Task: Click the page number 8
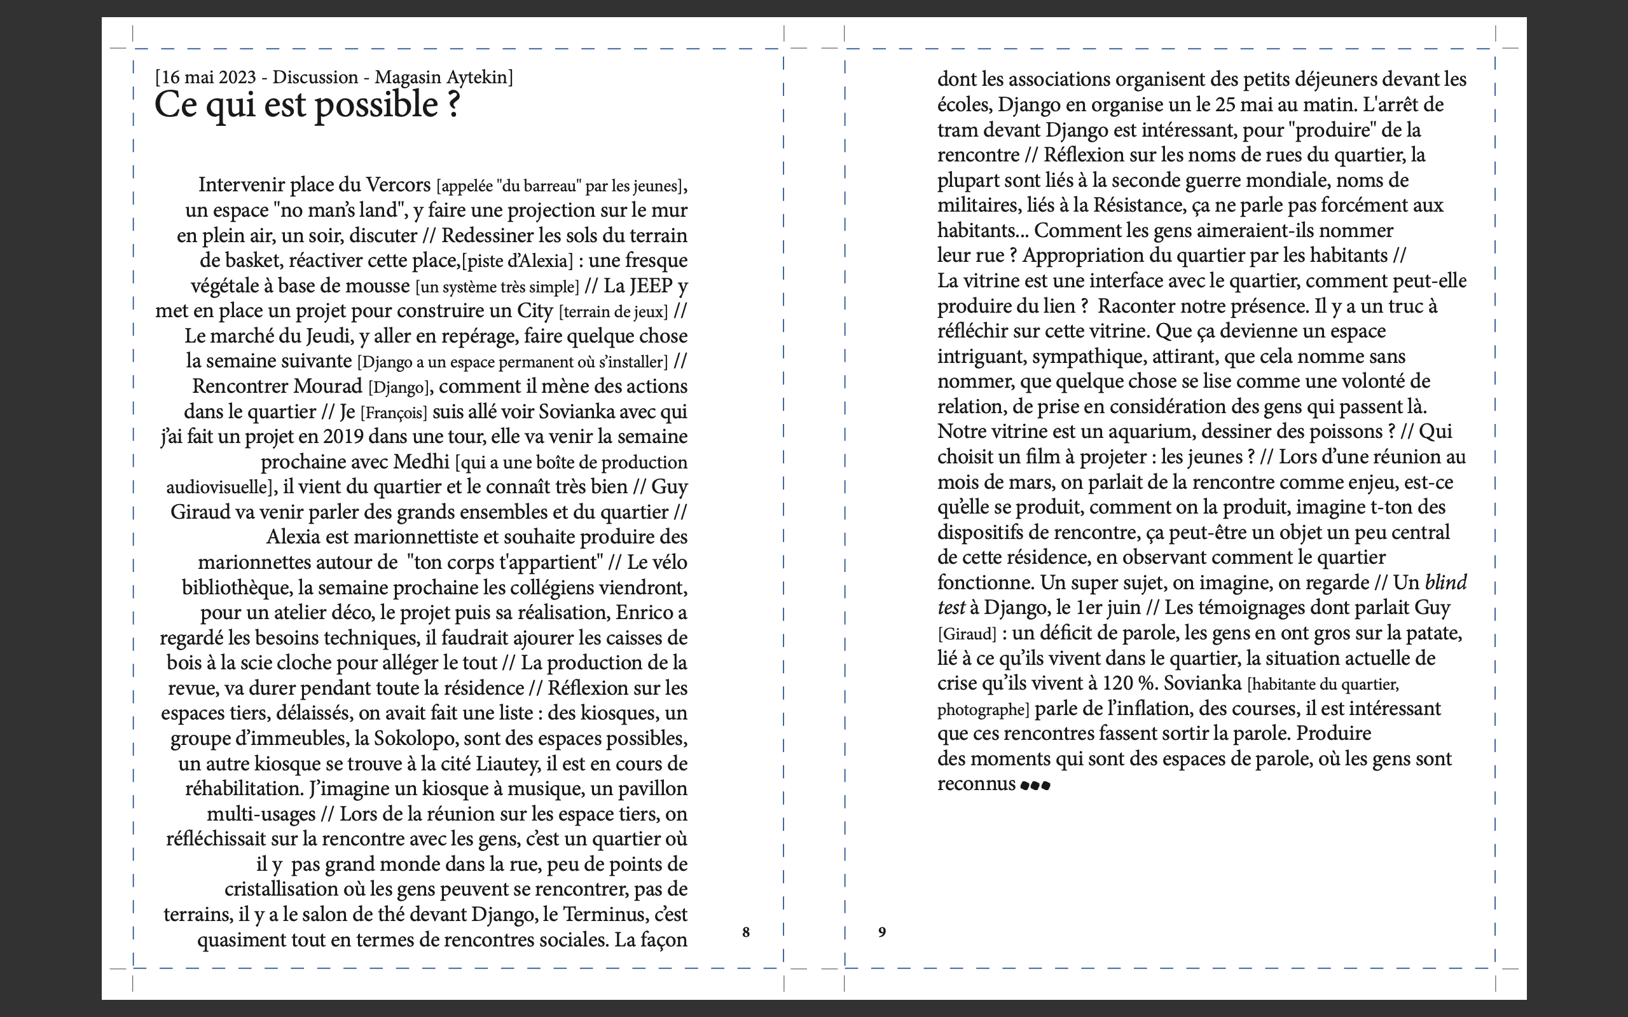coord(745,932)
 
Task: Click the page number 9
coord(882,932)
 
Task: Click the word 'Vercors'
coord(397,184)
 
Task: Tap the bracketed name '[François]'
coord(394,413)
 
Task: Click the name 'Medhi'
coord(421,462)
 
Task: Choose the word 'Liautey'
coord(508,764)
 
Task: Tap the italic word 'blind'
coord(1445,582)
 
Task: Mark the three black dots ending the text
coord(1035,786)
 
